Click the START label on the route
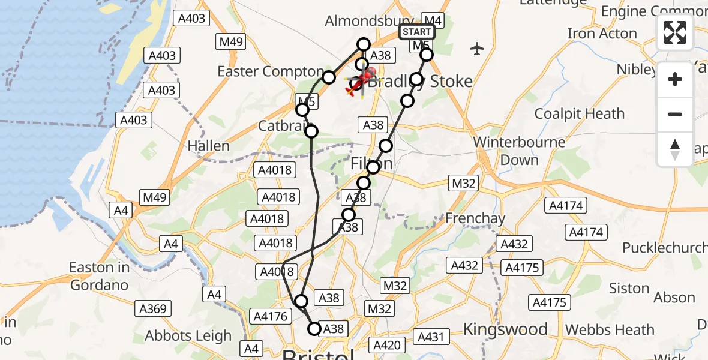(x=416, y=32)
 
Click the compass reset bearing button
(x=675, y=149)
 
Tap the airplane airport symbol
(x=477, y=49)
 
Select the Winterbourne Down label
(x=520, y=151)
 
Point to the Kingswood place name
(x=505, y=329)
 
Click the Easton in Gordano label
(x=99, y=276)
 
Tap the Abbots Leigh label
(x=188, y=336)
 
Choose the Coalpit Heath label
(x=580, y=113)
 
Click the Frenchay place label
(x=475, y=218)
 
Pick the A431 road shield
(x=430, y=337)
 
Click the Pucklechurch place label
(x=664, y=248)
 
